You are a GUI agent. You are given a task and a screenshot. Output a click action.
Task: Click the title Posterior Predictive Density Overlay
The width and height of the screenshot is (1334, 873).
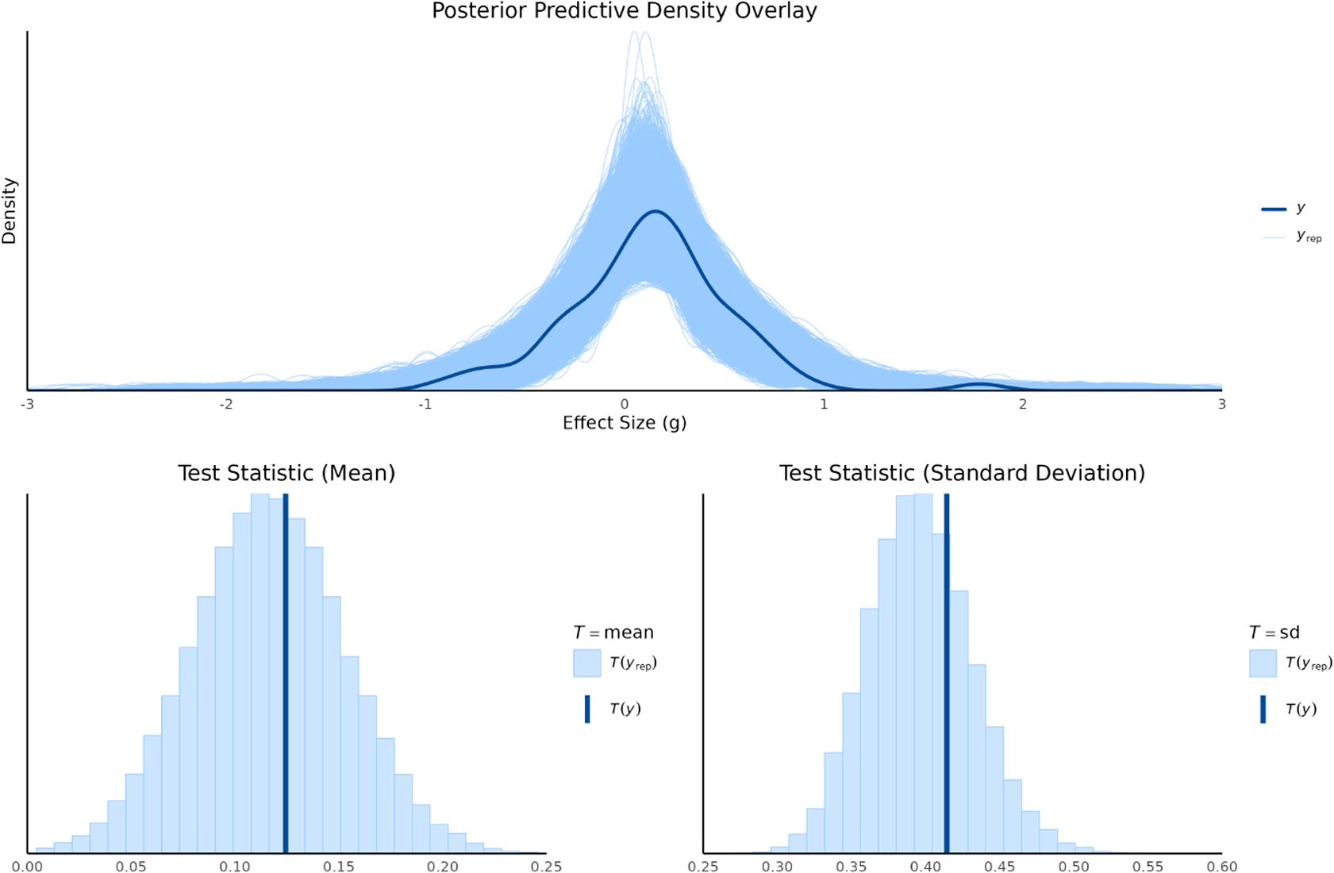624,11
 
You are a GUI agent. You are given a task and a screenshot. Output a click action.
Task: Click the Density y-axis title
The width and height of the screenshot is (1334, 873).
10,210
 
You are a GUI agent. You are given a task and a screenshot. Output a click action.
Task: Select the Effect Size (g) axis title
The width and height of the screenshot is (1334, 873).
624,423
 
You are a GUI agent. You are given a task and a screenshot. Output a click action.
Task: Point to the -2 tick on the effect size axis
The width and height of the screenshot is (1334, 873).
226,404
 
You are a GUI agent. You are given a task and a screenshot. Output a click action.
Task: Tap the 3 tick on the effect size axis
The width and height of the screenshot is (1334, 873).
1221,404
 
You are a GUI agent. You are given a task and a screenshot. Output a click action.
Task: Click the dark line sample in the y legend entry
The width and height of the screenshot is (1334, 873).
1273,209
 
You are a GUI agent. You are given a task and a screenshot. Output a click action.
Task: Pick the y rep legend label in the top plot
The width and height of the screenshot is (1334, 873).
1309,237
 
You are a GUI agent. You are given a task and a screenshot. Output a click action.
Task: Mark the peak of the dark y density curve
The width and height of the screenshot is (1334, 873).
655,211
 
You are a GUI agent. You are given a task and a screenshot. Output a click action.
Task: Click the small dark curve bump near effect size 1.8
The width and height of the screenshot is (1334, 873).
979,384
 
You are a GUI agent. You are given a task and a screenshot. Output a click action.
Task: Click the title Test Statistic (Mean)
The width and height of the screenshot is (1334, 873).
286,473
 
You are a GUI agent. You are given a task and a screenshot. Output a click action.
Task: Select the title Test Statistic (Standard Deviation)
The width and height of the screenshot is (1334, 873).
962,473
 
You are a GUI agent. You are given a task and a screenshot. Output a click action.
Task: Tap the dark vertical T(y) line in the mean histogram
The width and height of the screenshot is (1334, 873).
286,675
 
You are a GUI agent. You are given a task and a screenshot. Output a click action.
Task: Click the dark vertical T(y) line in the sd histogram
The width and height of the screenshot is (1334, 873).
947,675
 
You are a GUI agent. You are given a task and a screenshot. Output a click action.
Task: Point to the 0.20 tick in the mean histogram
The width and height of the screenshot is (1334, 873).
443,867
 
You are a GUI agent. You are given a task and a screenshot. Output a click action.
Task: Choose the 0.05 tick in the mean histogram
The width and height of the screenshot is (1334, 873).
131,867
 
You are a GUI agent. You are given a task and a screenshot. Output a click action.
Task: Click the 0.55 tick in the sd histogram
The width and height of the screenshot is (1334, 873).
1148,867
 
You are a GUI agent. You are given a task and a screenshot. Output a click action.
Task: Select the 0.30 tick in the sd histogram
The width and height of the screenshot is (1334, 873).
776,867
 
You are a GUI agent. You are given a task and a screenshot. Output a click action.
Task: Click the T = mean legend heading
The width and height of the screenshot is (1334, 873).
613,633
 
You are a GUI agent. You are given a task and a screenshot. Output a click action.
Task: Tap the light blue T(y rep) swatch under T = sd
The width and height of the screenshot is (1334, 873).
1263,663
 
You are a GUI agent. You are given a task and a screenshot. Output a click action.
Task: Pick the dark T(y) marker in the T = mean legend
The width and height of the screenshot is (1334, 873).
587,709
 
